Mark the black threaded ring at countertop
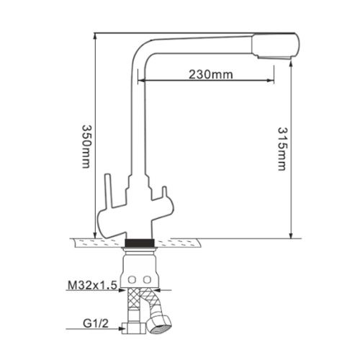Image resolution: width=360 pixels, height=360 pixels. pyautogui.click(x=140, y=242)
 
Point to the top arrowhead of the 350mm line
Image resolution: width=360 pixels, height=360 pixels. pyautogui.click(x=95, y=34)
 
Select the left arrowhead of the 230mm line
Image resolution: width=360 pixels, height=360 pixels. pyautogui.click(x=141, y=80)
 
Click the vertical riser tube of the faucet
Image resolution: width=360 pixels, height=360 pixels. pyautogui.click(x=134, y=130)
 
